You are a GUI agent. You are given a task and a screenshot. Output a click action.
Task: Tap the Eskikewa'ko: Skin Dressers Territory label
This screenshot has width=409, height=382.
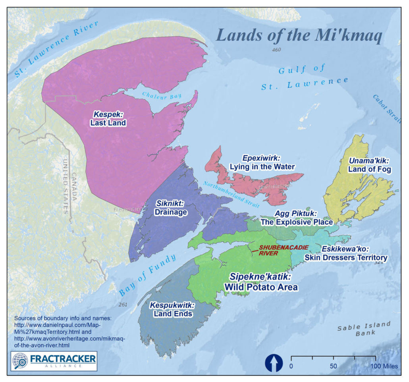(x=345, y=253)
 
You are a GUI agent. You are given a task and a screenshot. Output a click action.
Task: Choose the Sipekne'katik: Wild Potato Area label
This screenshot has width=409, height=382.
(x=261, y=281)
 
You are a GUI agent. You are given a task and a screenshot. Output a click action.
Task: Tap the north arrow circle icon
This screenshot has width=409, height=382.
(x=274, y=363)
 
